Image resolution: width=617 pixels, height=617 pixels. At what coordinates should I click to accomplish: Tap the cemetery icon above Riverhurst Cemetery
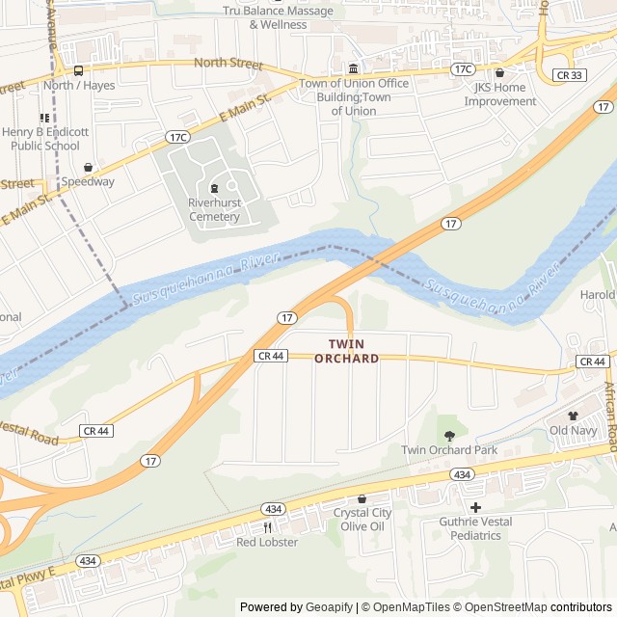point(214,188)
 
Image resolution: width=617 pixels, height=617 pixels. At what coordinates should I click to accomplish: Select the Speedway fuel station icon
point(88,168)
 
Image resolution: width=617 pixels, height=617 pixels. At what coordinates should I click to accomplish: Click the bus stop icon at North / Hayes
point(78,70)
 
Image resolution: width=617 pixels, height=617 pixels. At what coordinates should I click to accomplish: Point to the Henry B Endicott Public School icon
point(44,118)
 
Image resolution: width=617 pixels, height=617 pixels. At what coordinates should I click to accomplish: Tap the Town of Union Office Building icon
point(354,68)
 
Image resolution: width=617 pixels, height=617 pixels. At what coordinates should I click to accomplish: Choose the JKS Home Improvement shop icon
point(499,72)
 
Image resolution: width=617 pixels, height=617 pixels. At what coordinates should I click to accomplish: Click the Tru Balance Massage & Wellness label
point(278,17)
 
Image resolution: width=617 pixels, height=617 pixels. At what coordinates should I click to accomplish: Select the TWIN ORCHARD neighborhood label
point(347,351)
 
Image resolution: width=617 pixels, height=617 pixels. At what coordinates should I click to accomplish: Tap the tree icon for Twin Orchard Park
point(449,435)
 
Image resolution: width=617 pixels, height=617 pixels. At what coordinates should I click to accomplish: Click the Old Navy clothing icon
point(573,415)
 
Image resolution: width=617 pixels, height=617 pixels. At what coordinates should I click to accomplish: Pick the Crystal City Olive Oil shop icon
point(362,498)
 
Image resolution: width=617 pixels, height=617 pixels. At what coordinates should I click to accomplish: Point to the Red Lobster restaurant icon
point(268,527)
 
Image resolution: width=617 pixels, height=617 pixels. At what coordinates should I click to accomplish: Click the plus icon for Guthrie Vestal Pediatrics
point(474,507)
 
